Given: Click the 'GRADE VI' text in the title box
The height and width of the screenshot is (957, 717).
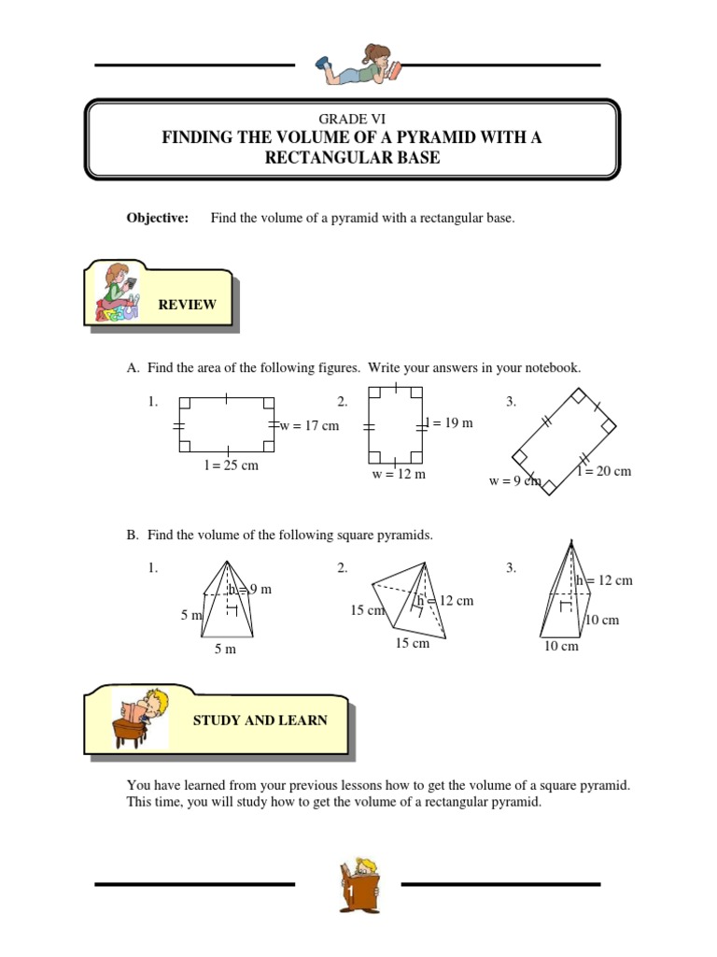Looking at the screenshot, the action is (352, 119).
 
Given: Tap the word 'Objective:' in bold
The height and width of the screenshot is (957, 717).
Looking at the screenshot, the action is (158, 218).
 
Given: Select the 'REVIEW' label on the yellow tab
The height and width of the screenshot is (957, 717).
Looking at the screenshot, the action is (187, 305).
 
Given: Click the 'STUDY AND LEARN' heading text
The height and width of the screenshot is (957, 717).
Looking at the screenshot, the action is (260, 721).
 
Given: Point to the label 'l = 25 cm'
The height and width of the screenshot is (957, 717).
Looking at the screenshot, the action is (232, 465).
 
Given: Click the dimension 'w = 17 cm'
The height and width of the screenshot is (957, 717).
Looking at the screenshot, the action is (309, 425).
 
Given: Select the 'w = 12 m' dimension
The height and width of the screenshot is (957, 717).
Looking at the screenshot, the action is (399, 474).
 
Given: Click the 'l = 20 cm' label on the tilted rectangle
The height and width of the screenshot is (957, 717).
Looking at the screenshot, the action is (605, 471).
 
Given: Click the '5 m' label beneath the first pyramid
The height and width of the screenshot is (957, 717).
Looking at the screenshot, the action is (225, 649).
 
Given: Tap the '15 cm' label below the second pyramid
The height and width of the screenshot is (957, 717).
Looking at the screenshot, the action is (412, 643).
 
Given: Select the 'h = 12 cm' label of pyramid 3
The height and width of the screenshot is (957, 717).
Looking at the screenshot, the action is (604, 580).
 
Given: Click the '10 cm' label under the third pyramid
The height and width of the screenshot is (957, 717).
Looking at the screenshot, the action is (561, 647).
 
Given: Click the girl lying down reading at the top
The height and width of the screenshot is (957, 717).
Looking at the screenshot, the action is (359, 64).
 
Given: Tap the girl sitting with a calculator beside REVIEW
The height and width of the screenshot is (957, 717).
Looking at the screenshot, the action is (118, 292).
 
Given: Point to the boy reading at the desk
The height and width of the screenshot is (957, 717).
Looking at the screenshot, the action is (140, 718).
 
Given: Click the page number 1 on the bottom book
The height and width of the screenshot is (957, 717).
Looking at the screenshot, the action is (351, 893).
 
